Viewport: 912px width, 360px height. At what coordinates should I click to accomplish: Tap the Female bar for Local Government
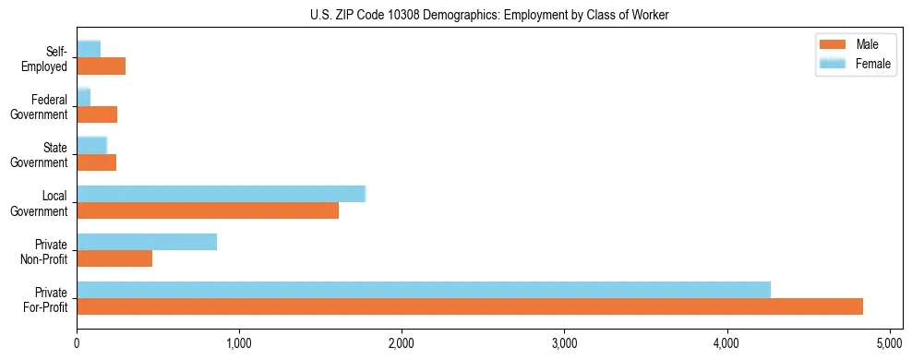tap(222, 194)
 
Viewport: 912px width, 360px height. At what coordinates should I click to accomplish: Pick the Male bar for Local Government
tap(208, 210)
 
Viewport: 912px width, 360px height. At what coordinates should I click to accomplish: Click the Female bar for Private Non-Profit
tap(147, 242)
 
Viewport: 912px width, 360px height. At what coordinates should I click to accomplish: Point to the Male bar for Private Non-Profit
tap(114, 258)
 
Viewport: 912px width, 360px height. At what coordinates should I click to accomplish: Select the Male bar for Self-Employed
tap(102, 66)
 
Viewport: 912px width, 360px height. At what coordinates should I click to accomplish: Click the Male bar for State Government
tap(97, 162)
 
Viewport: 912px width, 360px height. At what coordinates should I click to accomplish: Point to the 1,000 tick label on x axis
tap(239, 344)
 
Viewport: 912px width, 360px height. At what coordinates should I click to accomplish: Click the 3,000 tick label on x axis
tap(565, 344)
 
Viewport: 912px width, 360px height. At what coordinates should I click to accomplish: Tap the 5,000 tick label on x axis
tap(890, 344)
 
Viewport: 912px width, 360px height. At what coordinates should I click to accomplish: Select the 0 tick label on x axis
tap(77, 344)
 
